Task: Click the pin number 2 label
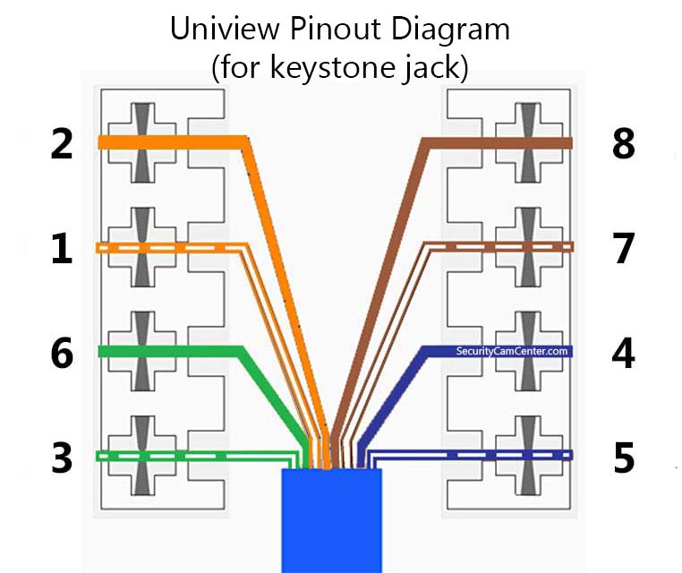coord(62,143)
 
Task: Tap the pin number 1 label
coord(62,248)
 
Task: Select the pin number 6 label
coord(62,353)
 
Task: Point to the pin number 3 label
coord(62,458)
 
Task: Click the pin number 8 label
coord(623,143)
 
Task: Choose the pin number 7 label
coord(623,248)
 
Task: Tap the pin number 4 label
coord(623,353)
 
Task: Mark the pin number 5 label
coord(624,458)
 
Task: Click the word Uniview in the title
coord(225,29)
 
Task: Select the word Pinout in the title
coord(335,29)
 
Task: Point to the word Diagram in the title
coord(450,30)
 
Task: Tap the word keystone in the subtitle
coord(331,68)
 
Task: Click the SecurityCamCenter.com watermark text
coord(512,351)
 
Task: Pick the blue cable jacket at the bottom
coord(331,520)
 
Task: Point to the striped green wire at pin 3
coord(197,456)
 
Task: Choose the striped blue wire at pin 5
coord(470,455)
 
